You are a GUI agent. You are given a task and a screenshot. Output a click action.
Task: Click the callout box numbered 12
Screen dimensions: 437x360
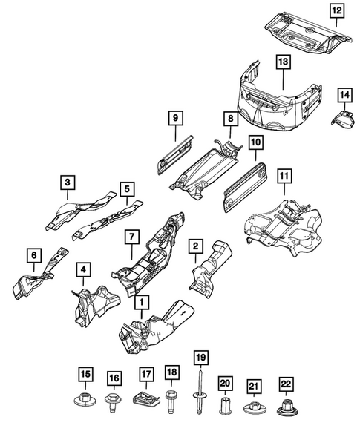tap(337, 10)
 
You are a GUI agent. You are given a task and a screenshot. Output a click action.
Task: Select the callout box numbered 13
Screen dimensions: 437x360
tap(282, 63)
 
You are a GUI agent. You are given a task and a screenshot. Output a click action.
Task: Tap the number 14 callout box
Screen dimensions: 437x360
tap(344, 94)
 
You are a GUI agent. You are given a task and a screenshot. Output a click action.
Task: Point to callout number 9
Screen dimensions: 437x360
tap(174, 118)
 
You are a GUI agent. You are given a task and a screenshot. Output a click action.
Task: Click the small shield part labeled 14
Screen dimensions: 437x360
tap(343, 120)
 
